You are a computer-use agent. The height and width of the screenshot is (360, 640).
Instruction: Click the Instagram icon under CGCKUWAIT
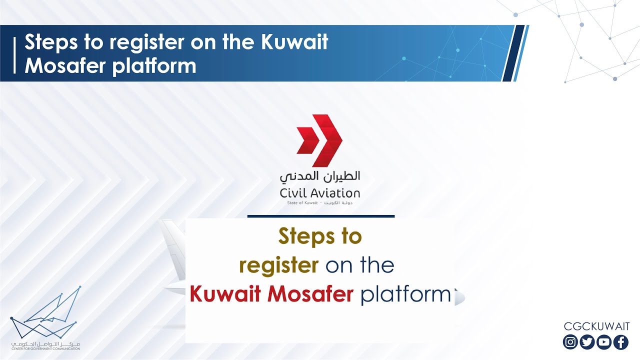(570, 342)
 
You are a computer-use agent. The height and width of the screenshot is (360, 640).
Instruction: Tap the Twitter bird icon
(587, 342)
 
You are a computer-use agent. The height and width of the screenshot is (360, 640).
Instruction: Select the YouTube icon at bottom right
(604, 342)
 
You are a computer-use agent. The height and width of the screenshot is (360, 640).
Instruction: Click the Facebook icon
(621, 342)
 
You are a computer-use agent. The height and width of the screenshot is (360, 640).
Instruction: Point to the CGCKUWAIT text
(596, 326)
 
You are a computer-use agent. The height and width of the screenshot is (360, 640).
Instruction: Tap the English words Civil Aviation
(320, 193)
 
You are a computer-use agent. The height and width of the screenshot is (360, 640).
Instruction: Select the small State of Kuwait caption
(320, 203)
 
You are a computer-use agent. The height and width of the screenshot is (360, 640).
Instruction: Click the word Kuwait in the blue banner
(294, 42)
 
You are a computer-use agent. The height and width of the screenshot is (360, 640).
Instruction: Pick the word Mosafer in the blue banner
(65, 65)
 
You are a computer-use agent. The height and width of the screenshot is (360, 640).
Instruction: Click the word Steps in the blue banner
(49, 42)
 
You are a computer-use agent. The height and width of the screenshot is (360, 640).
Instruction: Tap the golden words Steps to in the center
(320, 236)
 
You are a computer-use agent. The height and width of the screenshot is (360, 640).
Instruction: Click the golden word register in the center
(278, 265)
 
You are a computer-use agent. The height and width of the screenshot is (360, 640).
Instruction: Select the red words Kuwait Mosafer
(271, 295)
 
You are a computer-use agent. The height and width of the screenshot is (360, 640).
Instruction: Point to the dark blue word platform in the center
(405, 295)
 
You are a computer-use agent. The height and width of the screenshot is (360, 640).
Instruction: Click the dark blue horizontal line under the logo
(320, 216)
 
